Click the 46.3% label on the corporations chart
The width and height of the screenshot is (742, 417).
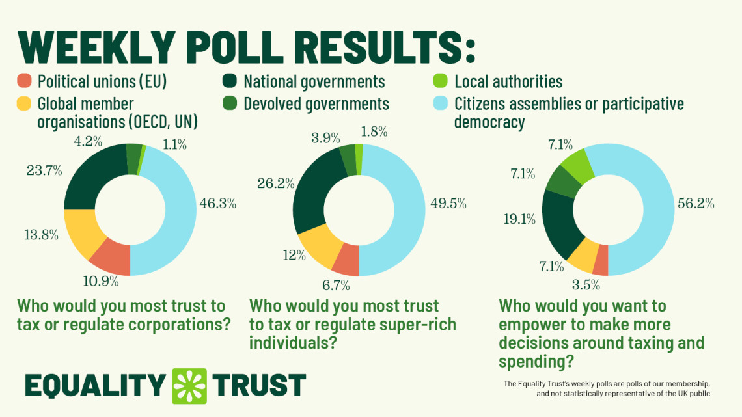(x=217, y=204)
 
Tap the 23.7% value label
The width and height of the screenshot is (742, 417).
(x=44, y=171)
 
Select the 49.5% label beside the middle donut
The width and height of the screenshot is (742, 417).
(x=448, y=204)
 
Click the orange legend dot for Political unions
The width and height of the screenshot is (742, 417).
(x=24, y=81)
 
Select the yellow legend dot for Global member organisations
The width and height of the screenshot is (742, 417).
(x=24, y=103)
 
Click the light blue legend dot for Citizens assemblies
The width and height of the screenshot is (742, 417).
(x=441, y=103)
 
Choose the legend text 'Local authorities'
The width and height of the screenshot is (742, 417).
(x=508, y=81)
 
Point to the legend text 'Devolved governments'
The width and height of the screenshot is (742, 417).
(x=316, y=103)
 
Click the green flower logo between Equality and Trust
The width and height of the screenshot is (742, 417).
(x=189, y=385)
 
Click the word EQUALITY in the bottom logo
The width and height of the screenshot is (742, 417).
(x=95, y=385)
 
